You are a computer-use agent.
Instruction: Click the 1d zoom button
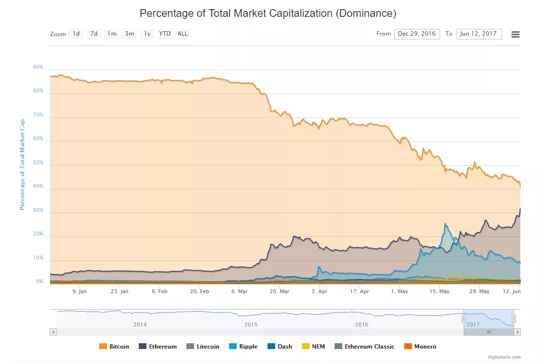pos(76,34)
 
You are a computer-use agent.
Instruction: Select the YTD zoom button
pos(165,34)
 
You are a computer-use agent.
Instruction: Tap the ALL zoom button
pos(182,34)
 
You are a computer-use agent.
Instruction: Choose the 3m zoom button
pos(129,34)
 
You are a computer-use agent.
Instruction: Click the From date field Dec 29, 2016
pos(416,34)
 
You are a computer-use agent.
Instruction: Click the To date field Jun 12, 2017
pos(478,34)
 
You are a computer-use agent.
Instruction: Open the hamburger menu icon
pos(515,34)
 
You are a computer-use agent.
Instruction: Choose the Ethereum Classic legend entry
pos(364,346)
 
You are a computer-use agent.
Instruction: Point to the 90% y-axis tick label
pos(38,67)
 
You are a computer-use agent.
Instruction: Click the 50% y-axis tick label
pos(38,163)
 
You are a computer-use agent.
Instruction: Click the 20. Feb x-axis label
pos(199,291)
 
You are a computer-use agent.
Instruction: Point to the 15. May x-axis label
pos(440,291)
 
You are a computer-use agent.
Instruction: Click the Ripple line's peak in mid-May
pos(445,223)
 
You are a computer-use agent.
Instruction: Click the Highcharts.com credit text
pos(504,357)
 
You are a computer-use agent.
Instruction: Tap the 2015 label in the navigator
pos(251,324)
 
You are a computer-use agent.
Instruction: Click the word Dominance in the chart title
pos(366,13)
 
